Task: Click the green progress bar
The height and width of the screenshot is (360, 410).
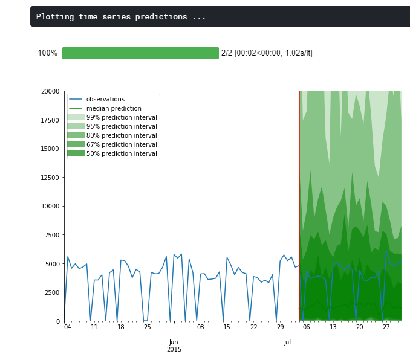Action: [140, 53]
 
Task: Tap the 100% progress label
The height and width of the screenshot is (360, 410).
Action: [48, 53]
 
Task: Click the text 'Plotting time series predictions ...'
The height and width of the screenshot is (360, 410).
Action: [121, 17]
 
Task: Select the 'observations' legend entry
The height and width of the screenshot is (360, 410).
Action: [105, 99]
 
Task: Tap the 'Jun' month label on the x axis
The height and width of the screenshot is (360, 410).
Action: [174, 342]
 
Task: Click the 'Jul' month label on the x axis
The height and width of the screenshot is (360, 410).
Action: [287, 342]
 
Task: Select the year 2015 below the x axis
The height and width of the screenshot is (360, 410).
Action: [174, 349]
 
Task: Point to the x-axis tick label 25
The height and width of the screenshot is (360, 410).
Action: [147, 327]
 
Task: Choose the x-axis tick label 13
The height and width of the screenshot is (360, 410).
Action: [333, 327]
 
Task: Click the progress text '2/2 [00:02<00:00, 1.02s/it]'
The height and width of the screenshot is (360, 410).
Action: [267, 53]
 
